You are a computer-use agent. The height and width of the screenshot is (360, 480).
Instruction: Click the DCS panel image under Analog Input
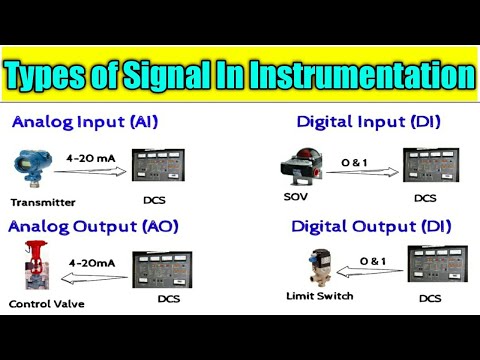coord(181,169)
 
